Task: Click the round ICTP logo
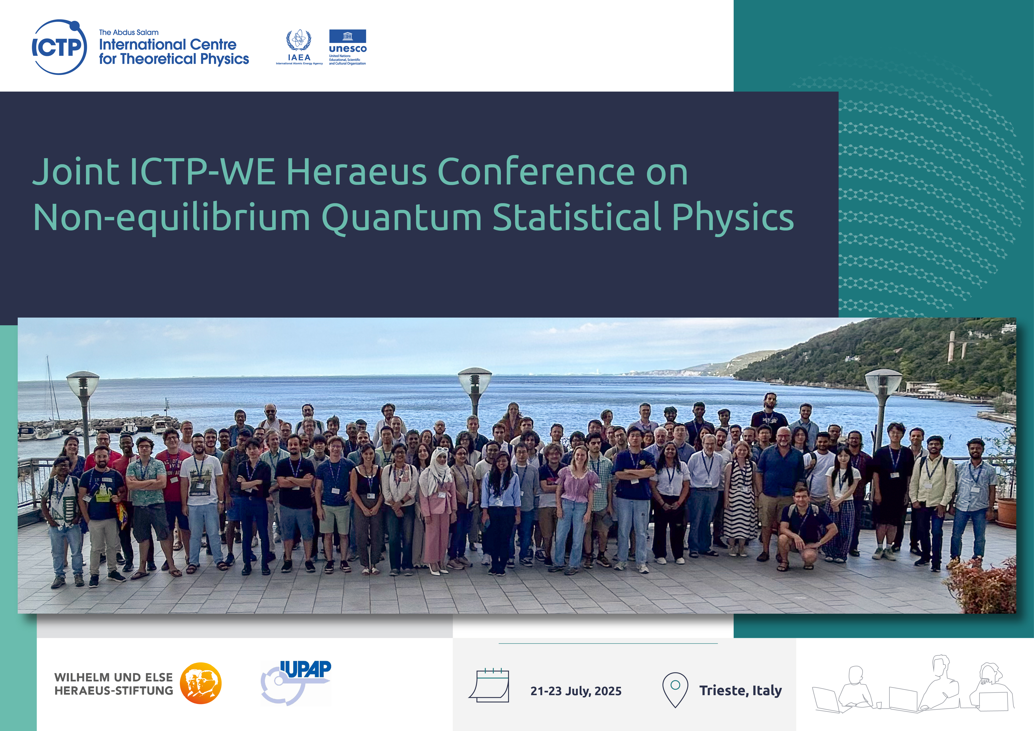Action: [x=59, y=47]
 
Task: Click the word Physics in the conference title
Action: [x=733, y=218]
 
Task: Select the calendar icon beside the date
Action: [x=490, y=685]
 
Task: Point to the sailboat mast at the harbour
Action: [x=50, y=392]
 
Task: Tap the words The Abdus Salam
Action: [x=129, y=33]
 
